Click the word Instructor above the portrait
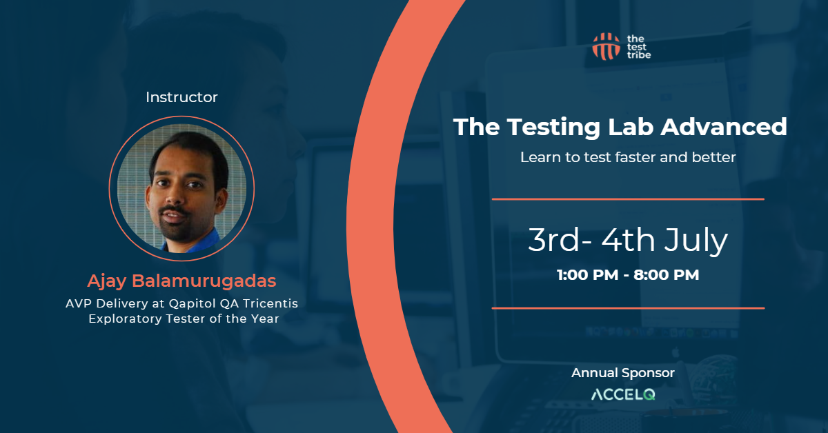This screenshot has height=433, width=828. click(x=181, y=97)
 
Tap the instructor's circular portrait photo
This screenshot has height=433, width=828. click(x=181, y=188)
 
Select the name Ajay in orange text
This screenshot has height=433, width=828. click(x=107, y=281)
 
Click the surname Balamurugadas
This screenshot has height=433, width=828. click(x=204, y=281)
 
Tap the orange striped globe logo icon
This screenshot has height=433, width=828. click(x=607, y=47)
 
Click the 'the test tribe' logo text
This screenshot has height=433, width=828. click(x=639, y=47)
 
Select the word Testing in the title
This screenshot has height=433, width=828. click(x=553, y=128)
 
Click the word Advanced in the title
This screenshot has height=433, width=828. click(x=724, y=127)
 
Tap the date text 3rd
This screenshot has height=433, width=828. click(x=553, y=240)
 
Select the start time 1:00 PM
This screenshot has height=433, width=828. click(x=587, y=275)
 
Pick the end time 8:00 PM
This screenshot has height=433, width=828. click(x=667, y=275)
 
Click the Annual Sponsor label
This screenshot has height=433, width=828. click(x=623, y=373)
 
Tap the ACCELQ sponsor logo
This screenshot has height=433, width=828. click(x=623, y=394)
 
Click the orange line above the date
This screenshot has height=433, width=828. click(x=628, y=199)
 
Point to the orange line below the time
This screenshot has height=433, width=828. click(x=628, y=308)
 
